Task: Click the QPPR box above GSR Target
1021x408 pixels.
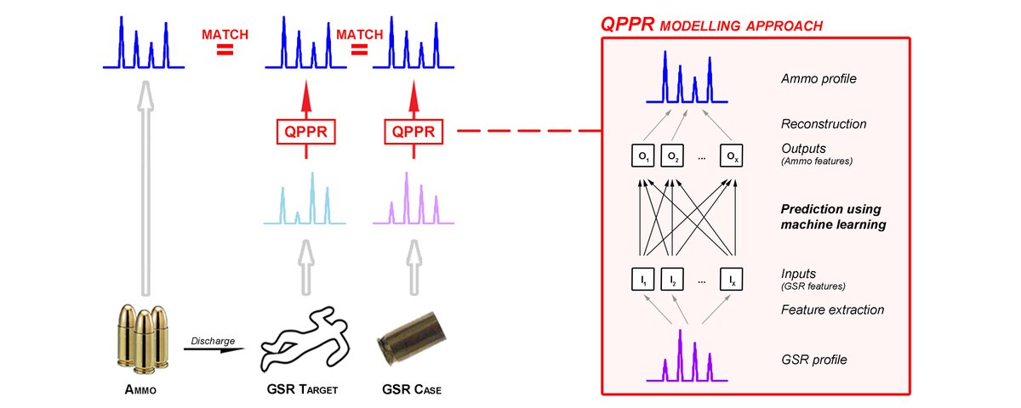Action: click(x=305, y=132)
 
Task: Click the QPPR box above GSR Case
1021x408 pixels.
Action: click(x=413, y=132)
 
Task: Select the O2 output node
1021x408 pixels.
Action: click(x=672, y=156)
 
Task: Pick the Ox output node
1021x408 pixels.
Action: click(x=730, y=156)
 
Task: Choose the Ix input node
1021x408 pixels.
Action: click(x=730, y=278)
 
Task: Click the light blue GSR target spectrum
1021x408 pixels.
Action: click(x=304, y=204)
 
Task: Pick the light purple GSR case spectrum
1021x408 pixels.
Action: click(x=413, y=204)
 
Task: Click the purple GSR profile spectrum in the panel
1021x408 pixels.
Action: click(x=687, y=359)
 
